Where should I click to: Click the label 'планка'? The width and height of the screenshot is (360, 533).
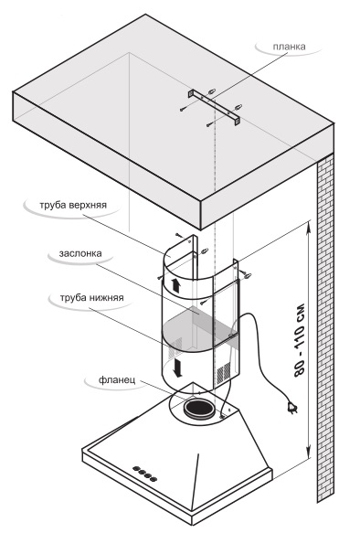coord(289,47)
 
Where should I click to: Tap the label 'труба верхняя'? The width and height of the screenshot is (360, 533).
coord(73,206)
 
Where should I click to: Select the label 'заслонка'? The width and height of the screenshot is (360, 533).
coord(80,253)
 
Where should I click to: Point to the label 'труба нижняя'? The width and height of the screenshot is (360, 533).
coord(91,298)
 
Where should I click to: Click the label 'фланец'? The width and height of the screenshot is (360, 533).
coord(117,379)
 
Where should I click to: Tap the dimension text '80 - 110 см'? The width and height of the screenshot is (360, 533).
coord(300,340)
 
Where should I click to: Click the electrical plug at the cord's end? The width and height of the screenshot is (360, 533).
coord(292,407)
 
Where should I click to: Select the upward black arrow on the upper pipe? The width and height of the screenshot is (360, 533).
coord(176,285)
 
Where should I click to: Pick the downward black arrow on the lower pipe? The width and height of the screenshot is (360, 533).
coord(177,368)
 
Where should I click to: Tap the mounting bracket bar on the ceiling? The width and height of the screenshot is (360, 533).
coord(215,107)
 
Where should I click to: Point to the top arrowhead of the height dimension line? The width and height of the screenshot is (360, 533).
coord(309,227)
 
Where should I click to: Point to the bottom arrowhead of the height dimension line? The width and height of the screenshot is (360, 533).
coord(309,453)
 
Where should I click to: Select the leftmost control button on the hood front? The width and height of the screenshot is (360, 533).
coord(135,468)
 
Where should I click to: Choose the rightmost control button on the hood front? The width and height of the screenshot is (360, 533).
coord(154,479)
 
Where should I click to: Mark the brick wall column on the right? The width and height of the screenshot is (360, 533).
coord(325,327)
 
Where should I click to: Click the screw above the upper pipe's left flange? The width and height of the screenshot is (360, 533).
coord(179,235)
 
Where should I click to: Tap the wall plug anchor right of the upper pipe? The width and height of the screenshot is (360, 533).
coord(247,275)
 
